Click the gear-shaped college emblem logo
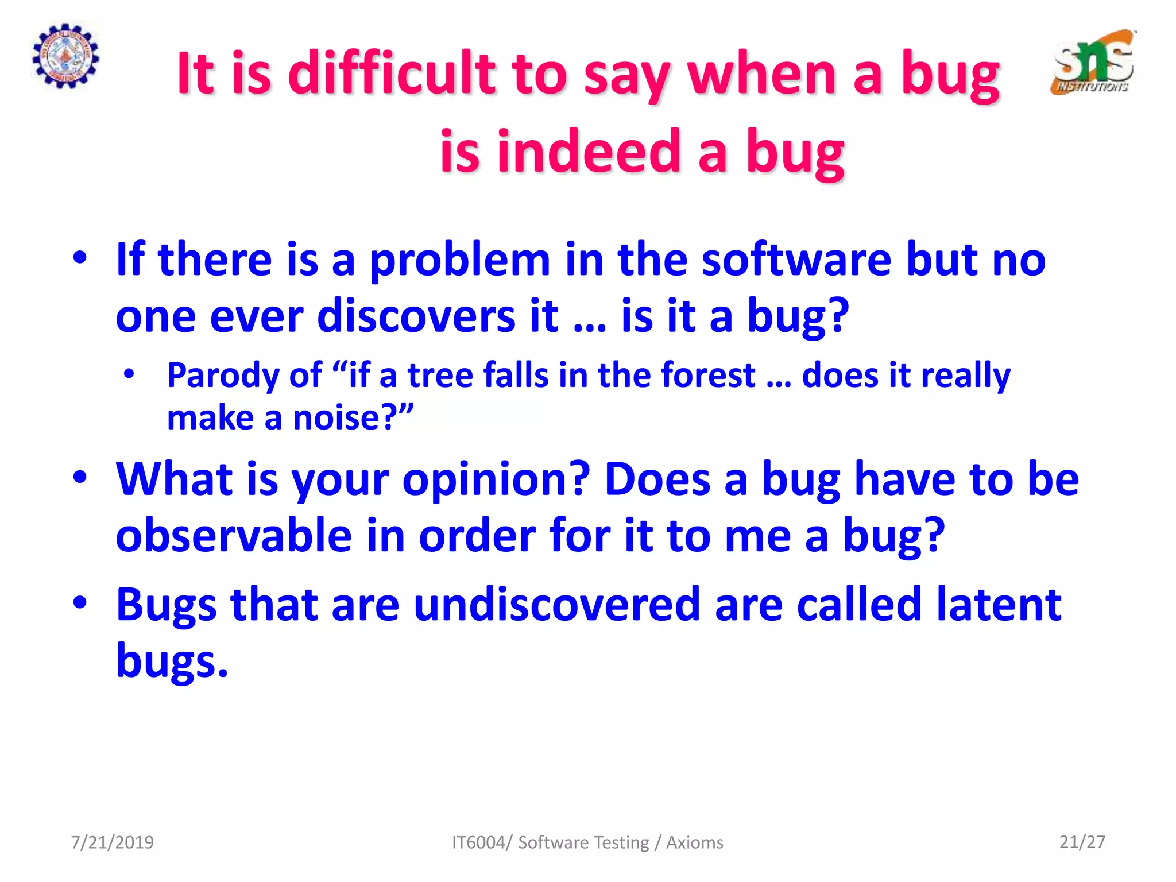click(x=65, y=56)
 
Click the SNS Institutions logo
click(x=1093, y=62)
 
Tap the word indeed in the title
click(x=589, y=151)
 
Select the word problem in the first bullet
click(x=460, y=260)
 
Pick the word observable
click(x=234, y=535)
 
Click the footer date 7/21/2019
click(x=112, y=842)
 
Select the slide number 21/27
click(x=1082, y=842)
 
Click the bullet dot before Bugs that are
click(x=80, y=602)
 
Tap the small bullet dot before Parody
click(x=129, y=374)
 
